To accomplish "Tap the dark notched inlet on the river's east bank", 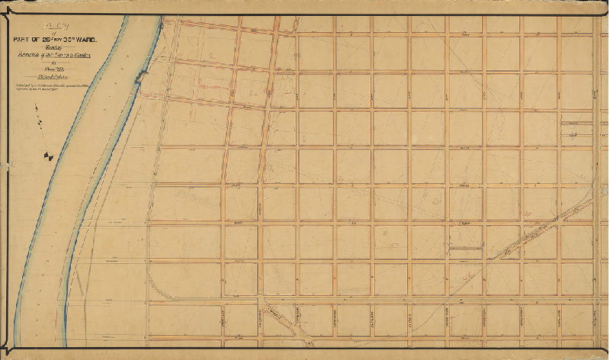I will click(x=140, y=76).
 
